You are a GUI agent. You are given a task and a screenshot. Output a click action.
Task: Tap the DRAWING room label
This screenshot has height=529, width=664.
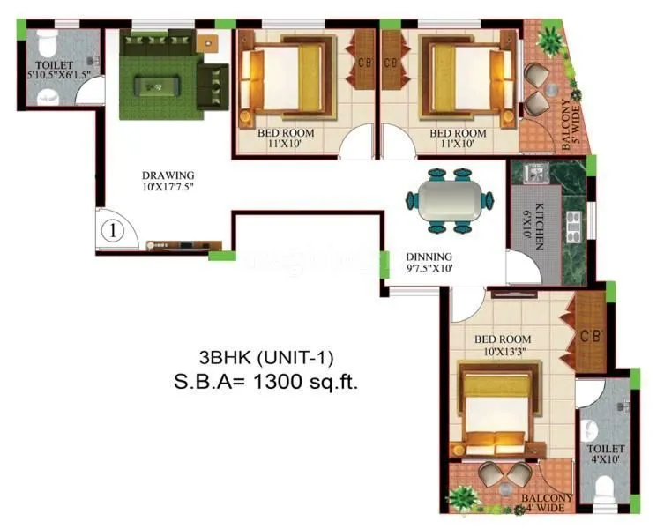[168, 181]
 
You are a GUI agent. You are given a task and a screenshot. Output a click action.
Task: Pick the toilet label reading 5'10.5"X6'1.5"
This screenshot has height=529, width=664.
[54, 70]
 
